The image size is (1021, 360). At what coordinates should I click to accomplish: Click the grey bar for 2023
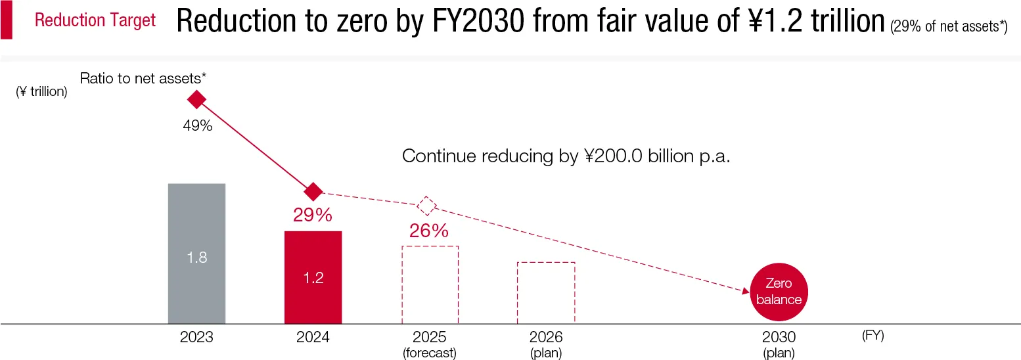click(196, 253)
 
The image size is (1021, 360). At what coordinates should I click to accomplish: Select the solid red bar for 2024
click(313, 277)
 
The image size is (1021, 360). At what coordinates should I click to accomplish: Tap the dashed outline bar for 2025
click(430, 284)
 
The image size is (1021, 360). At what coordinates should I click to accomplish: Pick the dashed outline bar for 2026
click(546, 292)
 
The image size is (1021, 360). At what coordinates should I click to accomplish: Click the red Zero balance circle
click(779, 292)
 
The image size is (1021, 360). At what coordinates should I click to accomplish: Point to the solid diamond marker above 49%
click(196, 100)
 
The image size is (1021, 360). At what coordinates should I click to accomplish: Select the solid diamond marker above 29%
click(313, 192)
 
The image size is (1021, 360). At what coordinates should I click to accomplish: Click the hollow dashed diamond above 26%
click(427, 206)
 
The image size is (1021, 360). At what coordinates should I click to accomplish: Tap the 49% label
click(197, 125)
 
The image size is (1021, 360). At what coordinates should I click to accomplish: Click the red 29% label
click(313, 215)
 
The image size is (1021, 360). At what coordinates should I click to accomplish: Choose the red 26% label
click(428, 231)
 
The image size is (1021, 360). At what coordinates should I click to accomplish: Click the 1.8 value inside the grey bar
click(196, 258)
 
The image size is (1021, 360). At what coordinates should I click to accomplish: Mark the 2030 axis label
click(779, 337)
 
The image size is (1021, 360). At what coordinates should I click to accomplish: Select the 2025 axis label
click(430, 337)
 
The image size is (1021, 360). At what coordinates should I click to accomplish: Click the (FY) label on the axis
click(873, 336)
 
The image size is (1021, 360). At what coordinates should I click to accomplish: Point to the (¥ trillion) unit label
click(41, 92)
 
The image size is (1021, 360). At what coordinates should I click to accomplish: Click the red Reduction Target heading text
click(95, 20)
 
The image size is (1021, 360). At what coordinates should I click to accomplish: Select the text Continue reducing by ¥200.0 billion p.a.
click(566, 156)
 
